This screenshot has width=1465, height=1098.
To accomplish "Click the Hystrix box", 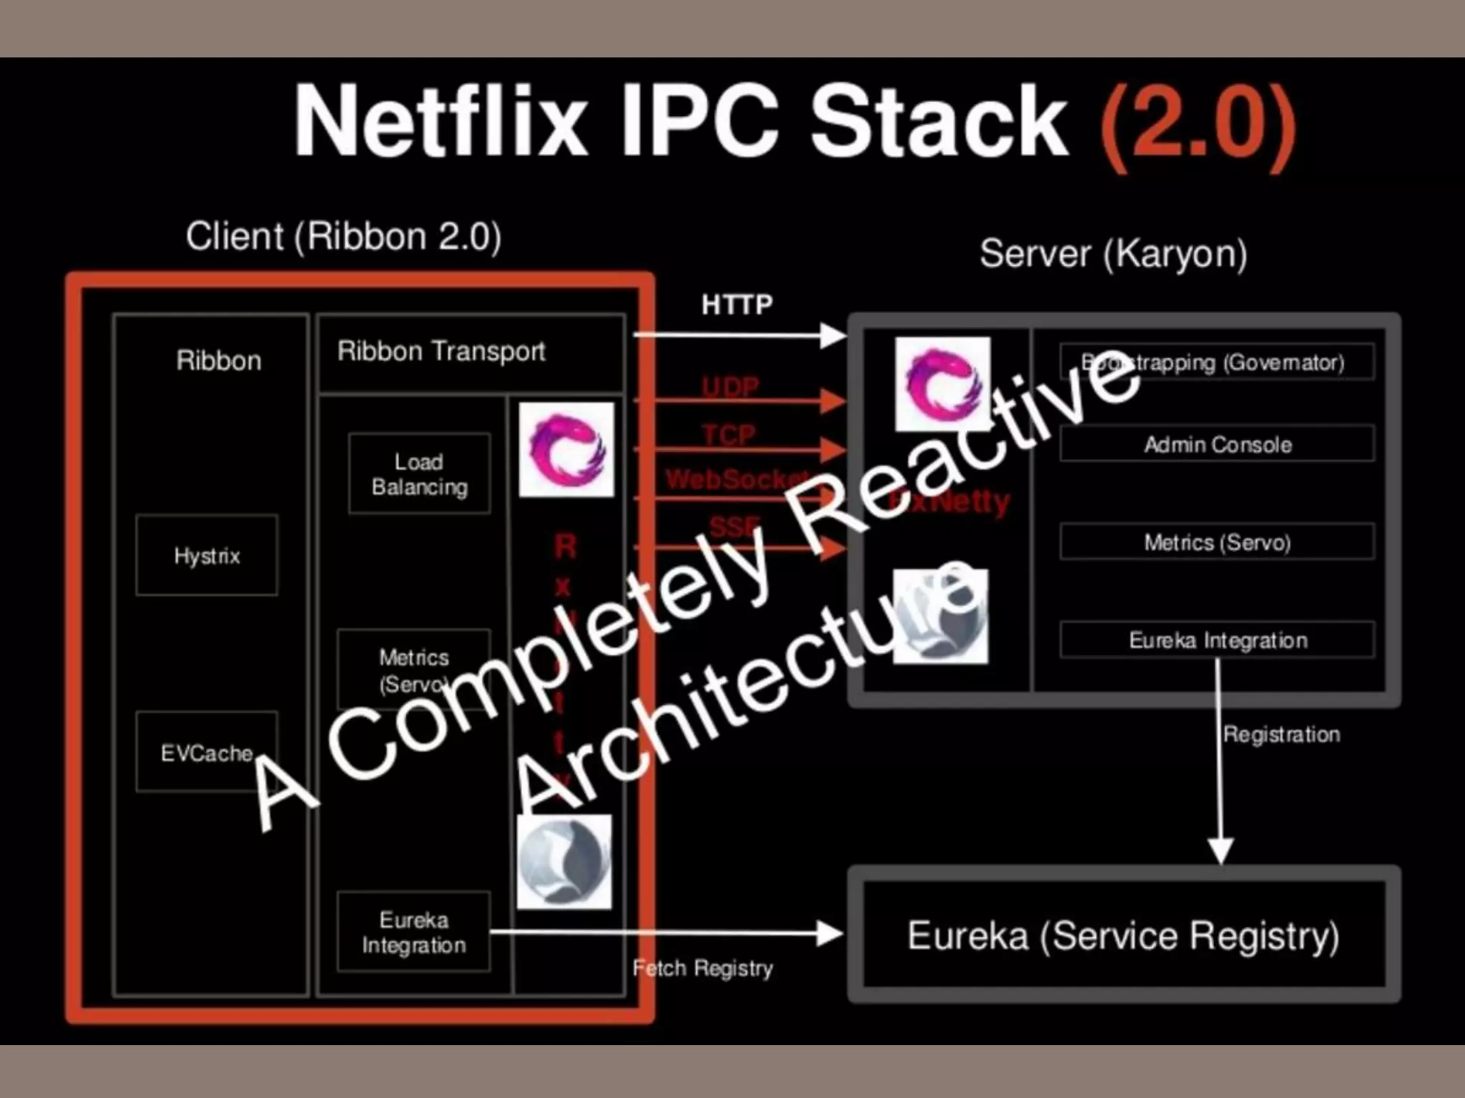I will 207,555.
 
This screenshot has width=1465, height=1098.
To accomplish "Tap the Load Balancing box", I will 419,474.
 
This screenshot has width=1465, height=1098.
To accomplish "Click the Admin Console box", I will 1217,445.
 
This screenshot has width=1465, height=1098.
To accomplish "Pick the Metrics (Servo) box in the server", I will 1217,542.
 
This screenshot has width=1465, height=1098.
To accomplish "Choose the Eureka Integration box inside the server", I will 1217,640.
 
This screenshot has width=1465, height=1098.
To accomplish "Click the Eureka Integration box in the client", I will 414,931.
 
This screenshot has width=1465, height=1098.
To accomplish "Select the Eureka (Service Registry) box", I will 1124,935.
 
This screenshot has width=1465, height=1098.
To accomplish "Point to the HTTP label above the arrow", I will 737,305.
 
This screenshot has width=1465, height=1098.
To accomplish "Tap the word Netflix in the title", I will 441,122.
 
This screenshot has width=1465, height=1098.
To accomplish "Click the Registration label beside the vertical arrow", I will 1281,734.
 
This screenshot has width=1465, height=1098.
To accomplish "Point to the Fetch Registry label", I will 702,968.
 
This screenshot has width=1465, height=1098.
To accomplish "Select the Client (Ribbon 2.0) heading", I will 343,236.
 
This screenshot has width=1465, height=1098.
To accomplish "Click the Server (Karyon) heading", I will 1113,253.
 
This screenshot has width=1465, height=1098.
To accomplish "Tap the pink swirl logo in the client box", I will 566,450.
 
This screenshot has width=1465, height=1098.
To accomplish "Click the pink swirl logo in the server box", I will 942,385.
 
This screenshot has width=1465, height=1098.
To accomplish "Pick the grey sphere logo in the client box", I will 564,861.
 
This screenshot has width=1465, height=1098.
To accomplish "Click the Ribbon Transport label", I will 441,351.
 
